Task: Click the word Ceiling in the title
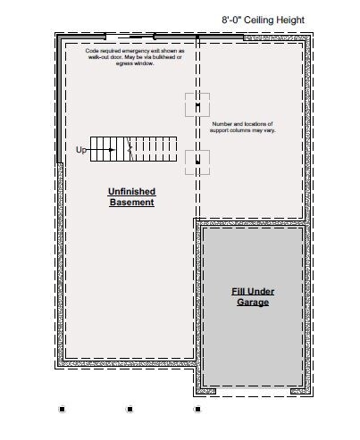pyautogui.click(x=258, y=21)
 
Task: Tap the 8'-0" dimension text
pyautogui.click(x=231, y=20)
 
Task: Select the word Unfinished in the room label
pyautogui.click(x=131, y=191)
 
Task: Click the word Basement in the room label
pyautogui.click(x=131, y=202)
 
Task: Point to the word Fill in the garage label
pyautogui.click(x=238, y=291)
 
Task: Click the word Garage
pyautogui.click(x=253, y=303)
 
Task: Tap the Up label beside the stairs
pyautogui.click(x=80, y=150)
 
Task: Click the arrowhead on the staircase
pyautogui.click(x=112, y=150)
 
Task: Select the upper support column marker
pyautogui.click(x=197, y=105)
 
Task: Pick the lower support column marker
pyautogui.click(x=197, y=162)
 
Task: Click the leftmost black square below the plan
pyautogui.click(x=62, y=409)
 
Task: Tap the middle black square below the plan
pyautogui.click(x=130, y=409)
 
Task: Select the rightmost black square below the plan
pyautogui.click(x=197, y=409)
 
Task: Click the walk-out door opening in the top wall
pyautogui.click(x=130, y=37)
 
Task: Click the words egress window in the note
pyautogui.click(x=135, y=63)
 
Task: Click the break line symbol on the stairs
pyautogui.click(x=130, y=149)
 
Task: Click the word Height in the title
pyautogui.click(x=290, y=21)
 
